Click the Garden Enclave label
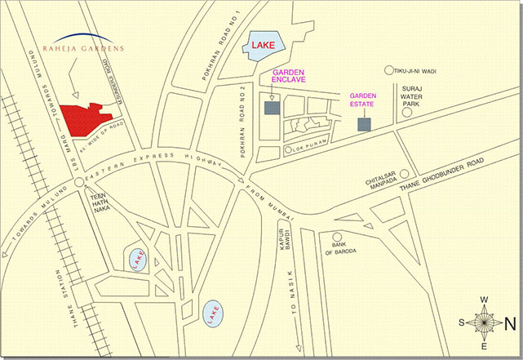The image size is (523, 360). pos(288,76)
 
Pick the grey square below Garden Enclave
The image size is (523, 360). pos(272,108)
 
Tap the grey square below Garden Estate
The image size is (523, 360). pos(364,124)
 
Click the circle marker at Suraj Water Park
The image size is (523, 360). pos(406,113)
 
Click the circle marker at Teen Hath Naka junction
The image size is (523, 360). pos(79,183)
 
